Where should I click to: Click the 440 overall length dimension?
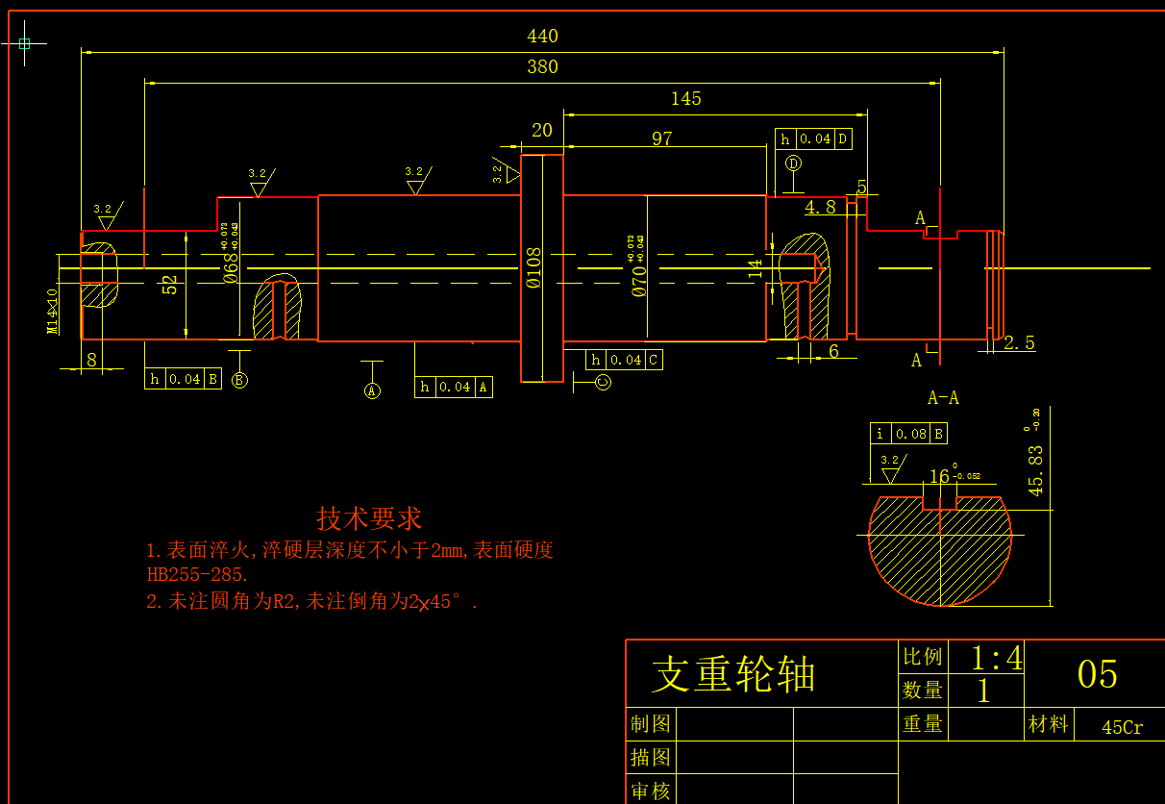[x=542, y=37]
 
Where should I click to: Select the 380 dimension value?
[x=542, y=67]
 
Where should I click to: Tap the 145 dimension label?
[x=685, y=99]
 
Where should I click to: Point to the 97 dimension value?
[x=662, y=138]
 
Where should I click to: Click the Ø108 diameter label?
[x=534, y=268]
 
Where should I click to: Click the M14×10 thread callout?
[x=53, y=311]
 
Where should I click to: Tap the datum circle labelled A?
[x=372, y=390]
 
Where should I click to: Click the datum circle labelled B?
[x=239, y=380]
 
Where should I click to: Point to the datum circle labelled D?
[x=793, y=163]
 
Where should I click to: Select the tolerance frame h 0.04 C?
[x=624, y=361]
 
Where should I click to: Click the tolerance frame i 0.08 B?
[x=908, y=434]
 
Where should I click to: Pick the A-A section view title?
[x=943, y=398]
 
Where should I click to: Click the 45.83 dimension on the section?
[x=1035, y=468]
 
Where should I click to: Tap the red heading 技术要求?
[x=369, y=518]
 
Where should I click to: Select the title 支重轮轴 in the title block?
[x=733, y=674]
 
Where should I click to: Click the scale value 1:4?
[x=996, y=659]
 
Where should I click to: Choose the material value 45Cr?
[x=1122, y=728]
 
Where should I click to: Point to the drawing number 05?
[x=1097, y=675]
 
